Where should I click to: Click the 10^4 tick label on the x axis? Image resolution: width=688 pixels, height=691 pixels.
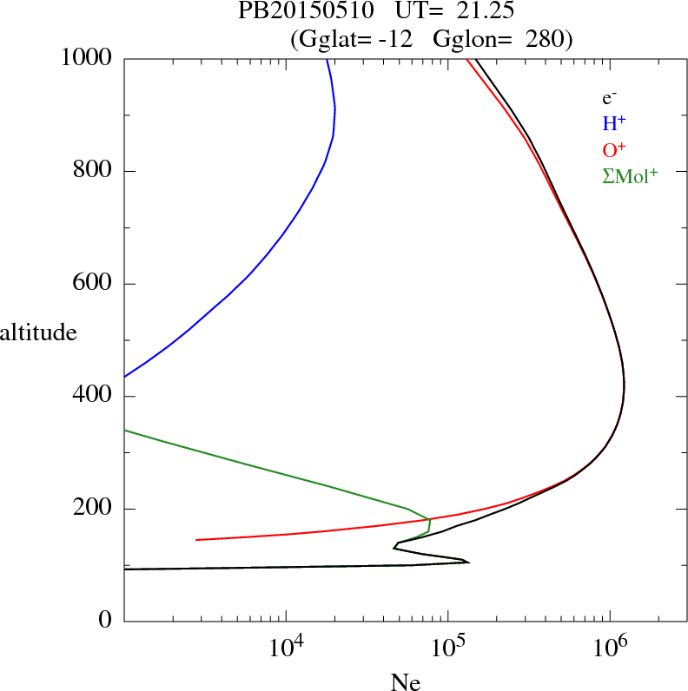(x=286, y=648)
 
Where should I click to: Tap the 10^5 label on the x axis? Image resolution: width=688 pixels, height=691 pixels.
(x=447, y=648)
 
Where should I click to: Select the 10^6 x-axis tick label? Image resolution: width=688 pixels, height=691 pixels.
(x=609, y=648)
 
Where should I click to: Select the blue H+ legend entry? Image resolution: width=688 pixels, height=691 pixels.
(x=615, y=123)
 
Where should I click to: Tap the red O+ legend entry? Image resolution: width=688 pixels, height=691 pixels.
(x=615, y=149)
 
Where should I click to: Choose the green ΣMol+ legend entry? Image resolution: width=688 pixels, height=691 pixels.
(x=630, y=175)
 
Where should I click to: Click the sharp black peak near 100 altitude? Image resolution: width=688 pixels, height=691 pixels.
(x=468, y=562)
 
